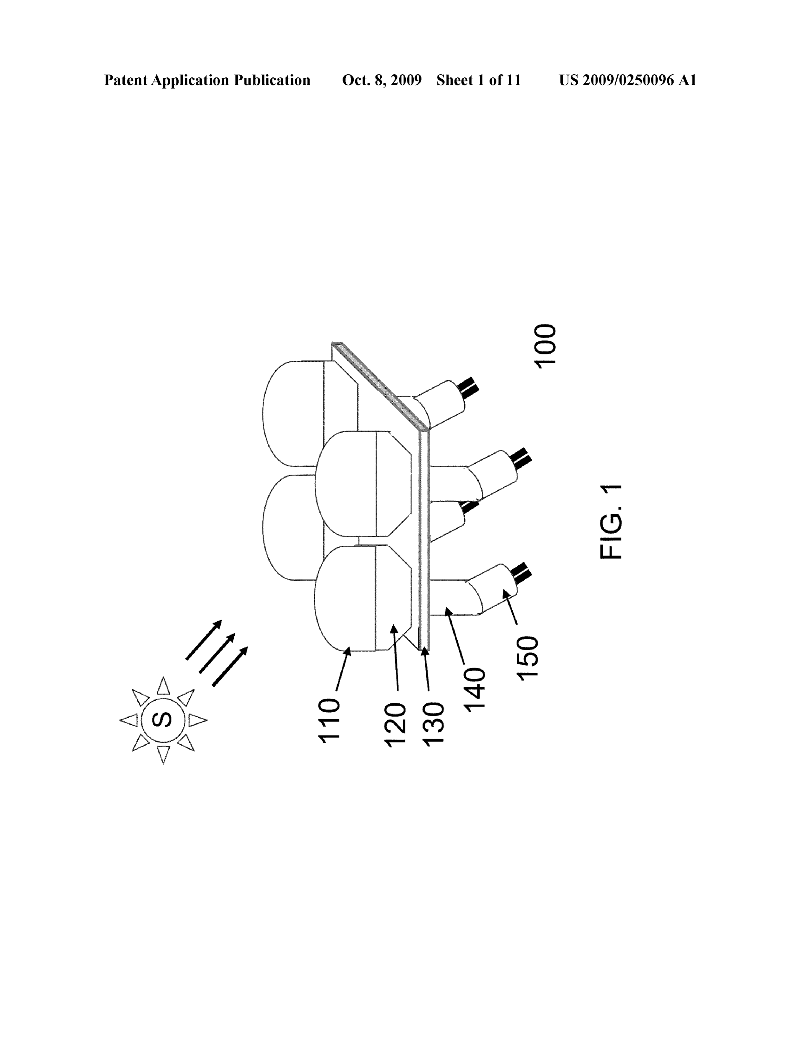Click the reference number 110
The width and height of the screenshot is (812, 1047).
(330, 721)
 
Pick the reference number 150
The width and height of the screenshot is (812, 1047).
(528, 656)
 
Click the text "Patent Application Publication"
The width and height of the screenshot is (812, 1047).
(207, 80)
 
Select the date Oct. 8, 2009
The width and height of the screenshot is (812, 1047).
(382, 80)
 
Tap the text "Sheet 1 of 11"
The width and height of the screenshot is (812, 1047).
(478, 80)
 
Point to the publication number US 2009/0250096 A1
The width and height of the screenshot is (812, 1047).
(627, 80)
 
